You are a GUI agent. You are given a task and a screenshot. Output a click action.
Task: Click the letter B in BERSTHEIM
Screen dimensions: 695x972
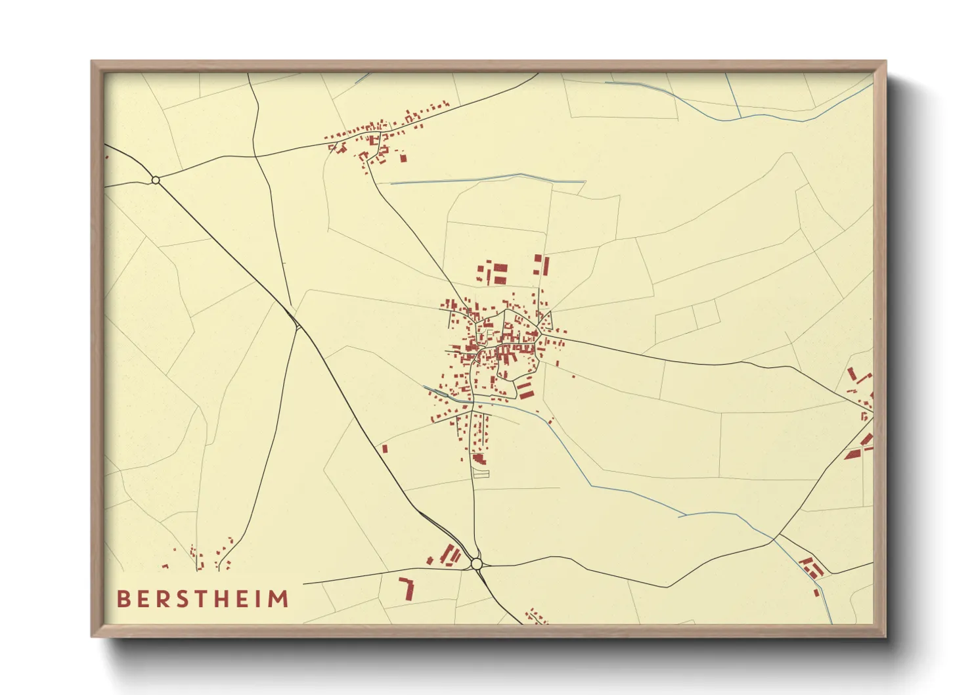(123, 599)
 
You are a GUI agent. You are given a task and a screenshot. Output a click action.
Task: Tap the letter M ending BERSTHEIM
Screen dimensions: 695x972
(278, 599)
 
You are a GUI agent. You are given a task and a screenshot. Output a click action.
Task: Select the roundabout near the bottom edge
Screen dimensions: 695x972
(476, 564)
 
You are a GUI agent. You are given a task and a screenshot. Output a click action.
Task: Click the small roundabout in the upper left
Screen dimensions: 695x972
(156, 180)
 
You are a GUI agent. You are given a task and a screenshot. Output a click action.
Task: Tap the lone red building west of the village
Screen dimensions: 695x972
(385, 449)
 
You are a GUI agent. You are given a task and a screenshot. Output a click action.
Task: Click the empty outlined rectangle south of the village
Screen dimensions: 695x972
(481, 472)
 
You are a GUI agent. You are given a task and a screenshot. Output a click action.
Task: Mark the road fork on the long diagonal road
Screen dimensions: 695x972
(298, 326)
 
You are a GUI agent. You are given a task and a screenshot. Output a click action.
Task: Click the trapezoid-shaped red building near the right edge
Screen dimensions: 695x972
(852, 454)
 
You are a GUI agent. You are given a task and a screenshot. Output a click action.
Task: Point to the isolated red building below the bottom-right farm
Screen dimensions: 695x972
(816, 593)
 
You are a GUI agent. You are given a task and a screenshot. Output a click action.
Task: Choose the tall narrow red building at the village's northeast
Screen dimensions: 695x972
(545, 266)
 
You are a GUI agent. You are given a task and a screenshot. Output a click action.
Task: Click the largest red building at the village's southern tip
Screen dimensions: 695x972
(479, 458)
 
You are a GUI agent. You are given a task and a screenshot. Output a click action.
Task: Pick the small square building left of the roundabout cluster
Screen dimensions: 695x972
(430, 560)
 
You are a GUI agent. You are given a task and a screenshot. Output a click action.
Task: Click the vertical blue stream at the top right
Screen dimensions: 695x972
(734, 96)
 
